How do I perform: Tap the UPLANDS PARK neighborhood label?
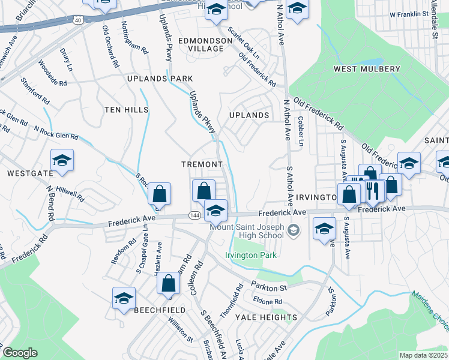point(160,79)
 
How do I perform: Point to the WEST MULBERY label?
point(367,69)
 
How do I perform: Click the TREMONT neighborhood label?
point(202,164)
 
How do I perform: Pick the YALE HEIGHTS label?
point(266,317)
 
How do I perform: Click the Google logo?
point(20,353)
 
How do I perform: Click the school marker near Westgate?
point(62,161)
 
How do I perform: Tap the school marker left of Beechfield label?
point(124,298)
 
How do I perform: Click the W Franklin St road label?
point(411,14)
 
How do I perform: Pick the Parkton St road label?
point(270,287)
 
